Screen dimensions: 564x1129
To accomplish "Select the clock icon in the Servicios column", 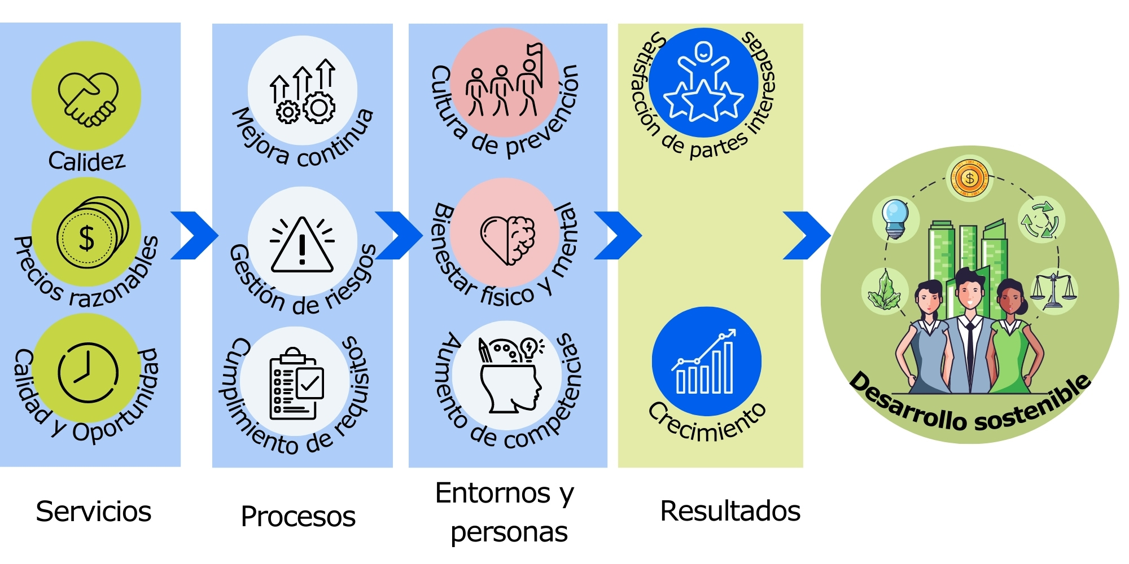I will coord(87,372).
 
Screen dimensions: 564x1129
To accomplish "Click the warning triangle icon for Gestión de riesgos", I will coord(302,245).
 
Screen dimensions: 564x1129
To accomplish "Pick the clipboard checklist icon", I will coord(296,384).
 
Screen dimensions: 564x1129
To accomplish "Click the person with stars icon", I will coord(703,82).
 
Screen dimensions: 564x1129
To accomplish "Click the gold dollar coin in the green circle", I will coord(969,178).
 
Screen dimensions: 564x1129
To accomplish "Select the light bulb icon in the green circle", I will coord(896,218).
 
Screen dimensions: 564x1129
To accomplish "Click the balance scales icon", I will coord(1053,290).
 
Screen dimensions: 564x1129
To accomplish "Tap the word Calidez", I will coord(86,161).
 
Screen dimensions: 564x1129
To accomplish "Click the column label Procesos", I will coord(298,516).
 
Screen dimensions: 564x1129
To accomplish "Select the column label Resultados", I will coord(730,511).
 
